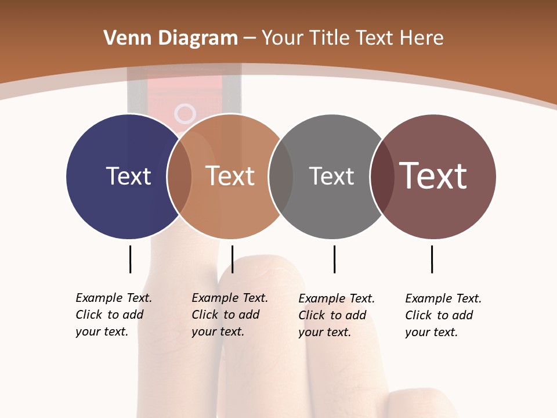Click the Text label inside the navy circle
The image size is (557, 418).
(x=128, y=176)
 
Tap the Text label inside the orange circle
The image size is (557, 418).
(x=230, y=176)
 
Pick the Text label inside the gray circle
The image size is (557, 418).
(x=331, y=176)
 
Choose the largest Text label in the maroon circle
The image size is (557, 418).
(x=433, y=176)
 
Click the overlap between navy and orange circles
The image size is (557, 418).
(x=179, y=176)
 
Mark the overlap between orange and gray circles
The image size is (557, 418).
(x=281, y=176)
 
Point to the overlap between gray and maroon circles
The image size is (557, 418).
(x=382, y=176)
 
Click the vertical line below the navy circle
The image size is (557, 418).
(x=130, y=259)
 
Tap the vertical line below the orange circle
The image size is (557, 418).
(x=232, y=259)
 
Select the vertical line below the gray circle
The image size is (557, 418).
(x=334, y=259)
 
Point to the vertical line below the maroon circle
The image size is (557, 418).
(x=432, y=259)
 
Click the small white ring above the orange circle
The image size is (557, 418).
(x=185, y=113)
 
